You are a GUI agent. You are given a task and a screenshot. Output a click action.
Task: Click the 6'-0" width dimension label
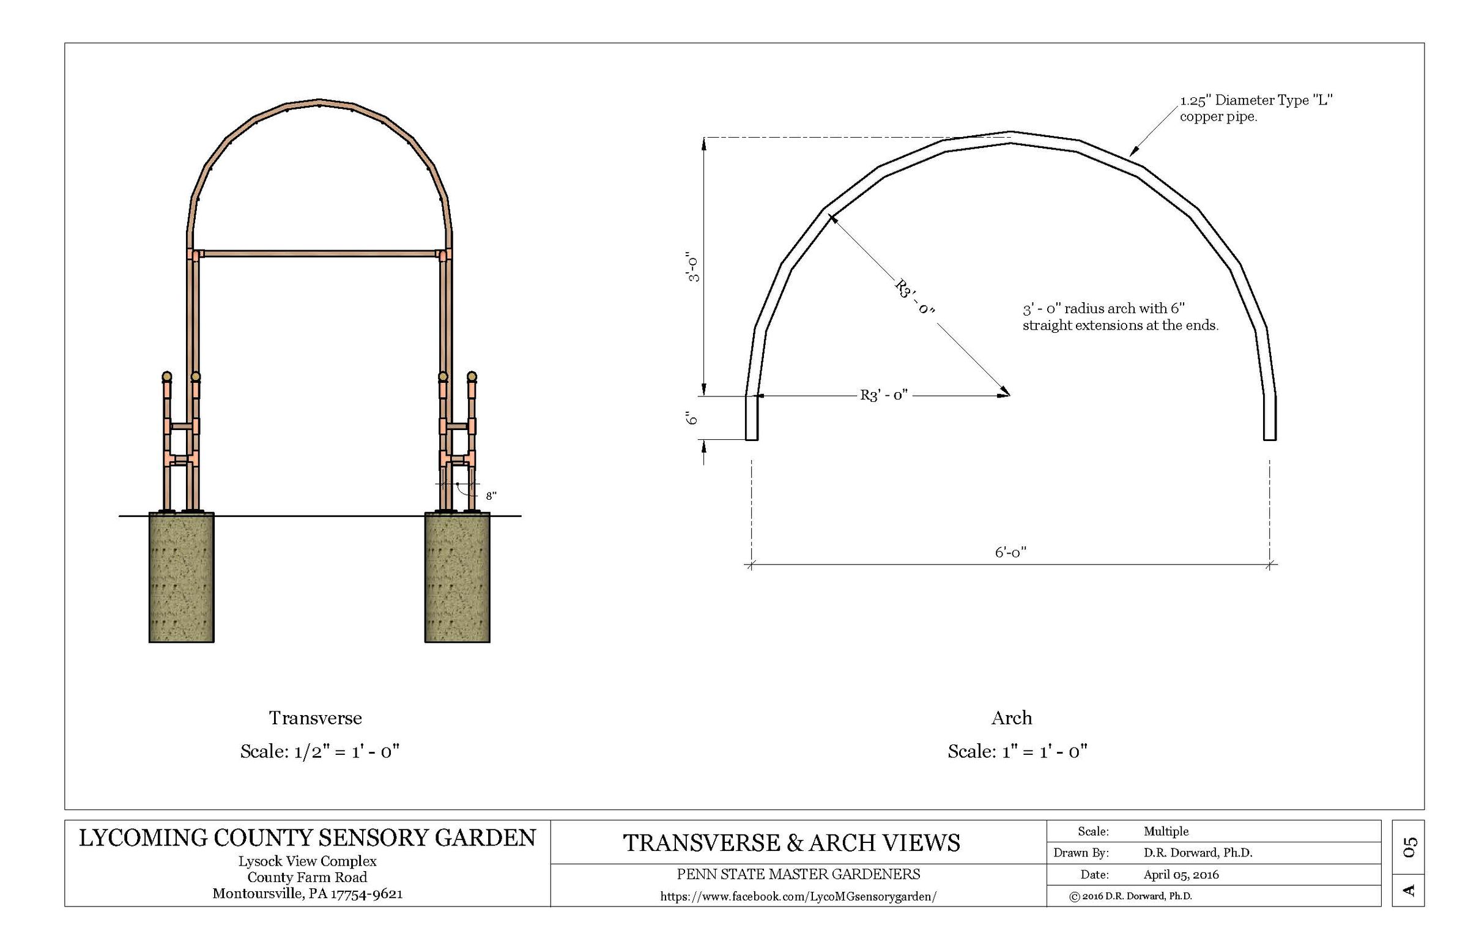click(x=1010, y=552)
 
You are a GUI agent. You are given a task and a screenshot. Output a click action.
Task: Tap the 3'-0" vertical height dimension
click(x=694, y=267)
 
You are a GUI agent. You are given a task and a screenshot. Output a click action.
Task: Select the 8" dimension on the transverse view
click(x=491, y=496)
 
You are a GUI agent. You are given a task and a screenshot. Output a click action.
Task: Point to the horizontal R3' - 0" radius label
click(x=884, y=395)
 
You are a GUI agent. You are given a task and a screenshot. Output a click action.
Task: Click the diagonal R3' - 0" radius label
click(x=914, y=297)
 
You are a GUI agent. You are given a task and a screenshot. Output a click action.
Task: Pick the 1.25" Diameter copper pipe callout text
click(x=1256, y=108)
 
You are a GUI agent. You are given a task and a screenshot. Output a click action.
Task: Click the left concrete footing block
click(x=181, y=578)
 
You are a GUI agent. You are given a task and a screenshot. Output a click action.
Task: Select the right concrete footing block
click(x=457, y=578)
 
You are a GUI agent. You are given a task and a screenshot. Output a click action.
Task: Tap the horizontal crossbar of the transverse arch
click(x=319, y=253)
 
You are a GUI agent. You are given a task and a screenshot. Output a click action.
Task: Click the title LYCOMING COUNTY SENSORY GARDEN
click(x=307, y=838)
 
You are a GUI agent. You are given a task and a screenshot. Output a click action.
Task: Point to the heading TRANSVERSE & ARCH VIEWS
click(x=791, y=844)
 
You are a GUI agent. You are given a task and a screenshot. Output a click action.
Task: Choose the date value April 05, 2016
click(x=1181, y=875)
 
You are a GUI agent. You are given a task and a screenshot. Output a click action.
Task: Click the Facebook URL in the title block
click(x=798, y=897)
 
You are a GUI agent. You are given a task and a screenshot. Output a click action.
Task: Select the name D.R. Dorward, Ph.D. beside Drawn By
click(x=1198, y=853)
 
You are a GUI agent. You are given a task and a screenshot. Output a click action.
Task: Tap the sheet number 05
click(x=1410, y=847)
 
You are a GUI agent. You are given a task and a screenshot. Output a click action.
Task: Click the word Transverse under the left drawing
click(x=315, y=718)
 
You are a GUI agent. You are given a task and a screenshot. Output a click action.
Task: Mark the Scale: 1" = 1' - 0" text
click(x=1017, y=751)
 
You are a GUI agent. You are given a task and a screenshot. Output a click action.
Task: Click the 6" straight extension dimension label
click(x=692, y=418)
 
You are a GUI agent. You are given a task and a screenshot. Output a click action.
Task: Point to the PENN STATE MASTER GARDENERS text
click(x=798, y=874)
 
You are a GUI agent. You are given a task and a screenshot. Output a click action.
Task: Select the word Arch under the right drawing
click(x=1012, y=718)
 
